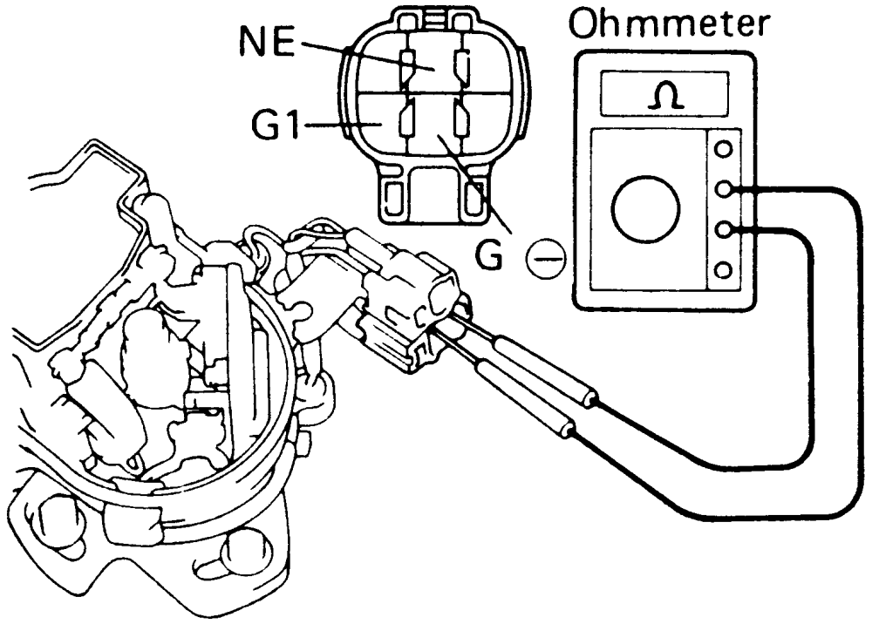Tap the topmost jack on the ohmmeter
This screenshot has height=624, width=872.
tap(723, 149)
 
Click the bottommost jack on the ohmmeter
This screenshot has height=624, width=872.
tap(723, 270)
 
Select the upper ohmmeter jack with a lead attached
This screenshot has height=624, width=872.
tap(723, 189)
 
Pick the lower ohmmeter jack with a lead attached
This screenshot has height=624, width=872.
tap(723, 229)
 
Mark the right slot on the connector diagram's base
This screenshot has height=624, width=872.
tap(475, 197)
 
